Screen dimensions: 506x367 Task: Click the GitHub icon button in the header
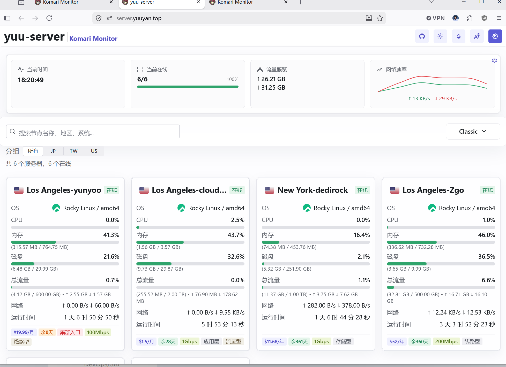tap(422, 36)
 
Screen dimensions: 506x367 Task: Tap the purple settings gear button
tap(495, 36)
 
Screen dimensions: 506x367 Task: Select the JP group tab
tap(53, 151)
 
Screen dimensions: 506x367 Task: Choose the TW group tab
tap(74, 151)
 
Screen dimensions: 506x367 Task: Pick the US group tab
tap(94, 151)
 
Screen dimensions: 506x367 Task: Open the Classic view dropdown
tap(473, 132)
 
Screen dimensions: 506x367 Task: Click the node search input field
tap(93, 132)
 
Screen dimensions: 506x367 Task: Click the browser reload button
tap(49, 18)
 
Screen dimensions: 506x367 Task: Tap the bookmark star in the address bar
tap(380, 18)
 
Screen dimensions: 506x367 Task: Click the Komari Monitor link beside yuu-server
tap(93, 39)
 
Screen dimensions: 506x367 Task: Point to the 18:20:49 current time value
tap(31, 80)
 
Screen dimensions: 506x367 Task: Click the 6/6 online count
tap(142, 79)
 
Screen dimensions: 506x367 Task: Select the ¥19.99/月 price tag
tap(24, 332)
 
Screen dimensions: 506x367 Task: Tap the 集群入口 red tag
tap(70, 332)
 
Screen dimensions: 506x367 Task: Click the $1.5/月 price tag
tap(146, 341)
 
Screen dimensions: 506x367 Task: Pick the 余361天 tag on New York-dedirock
tap(299, 341)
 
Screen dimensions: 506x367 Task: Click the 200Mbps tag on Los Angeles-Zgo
tap(446, 341)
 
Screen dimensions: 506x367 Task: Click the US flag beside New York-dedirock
tap(269, 190)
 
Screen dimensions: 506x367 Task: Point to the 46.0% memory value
tap(487, 235)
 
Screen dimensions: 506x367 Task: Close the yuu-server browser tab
tap(198, 2)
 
